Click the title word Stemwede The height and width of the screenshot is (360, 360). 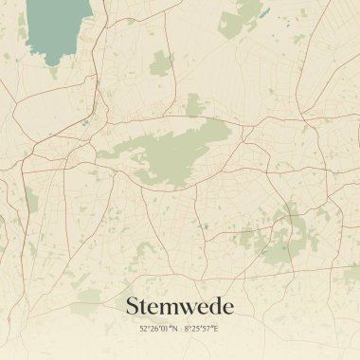pyautogui.click(x=179, y=306)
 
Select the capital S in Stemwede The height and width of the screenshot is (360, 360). pyautogui.click(x=134, y=306)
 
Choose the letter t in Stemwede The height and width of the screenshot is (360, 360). pyautogui.click(x=146, y=307)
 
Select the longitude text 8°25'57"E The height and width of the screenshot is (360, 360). pyautogui.click(x=202, y=329)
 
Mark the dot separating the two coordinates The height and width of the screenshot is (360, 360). pyautogui.click(x=181, y=329)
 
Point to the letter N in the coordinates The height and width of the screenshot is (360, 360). pyautogui.click(x=175, y=329)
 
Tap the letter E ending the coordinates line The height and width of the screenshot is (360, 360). pyautogui.click(x=216, y=329)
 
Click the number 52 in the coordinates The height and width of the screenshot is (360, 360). pyautogui.click(x=144, y=329)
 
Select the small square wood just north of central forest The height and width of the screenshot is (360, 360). pyautogui.click(x=195, y=104)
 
